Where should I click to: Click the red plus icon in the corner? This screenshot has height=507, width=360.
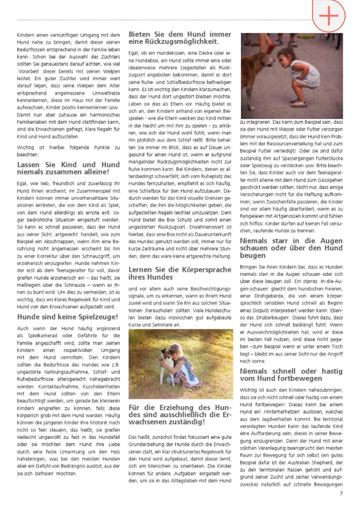click(x=329, y=16)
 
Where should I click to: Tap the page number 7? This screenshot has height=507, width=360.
click(x=341, y=493)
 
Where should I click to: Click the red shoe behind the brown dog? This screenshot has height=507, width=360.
click(x=271, y=48)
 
